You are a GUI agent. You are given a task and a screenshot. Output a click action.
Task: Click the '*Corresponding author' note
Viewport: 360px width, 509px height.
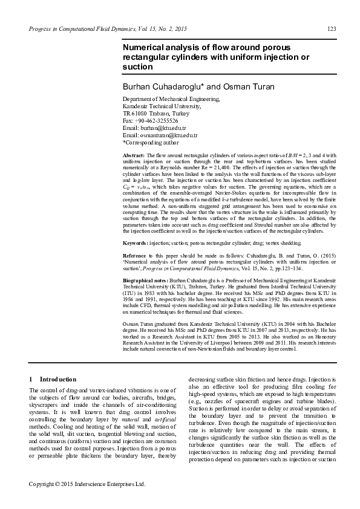coord(151,143)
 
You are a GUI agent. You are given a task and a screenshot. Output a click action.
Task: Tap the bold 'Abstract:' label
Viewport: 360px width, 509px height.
coord(135,155)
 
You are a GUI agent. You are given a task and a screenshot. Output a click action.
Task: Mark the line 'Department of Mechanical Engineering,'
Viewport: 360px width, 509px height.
coord(171,99)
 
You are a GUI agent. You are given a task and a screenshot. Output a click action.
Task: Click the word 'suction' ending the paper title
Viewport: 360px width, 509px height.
coord(138,66)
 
